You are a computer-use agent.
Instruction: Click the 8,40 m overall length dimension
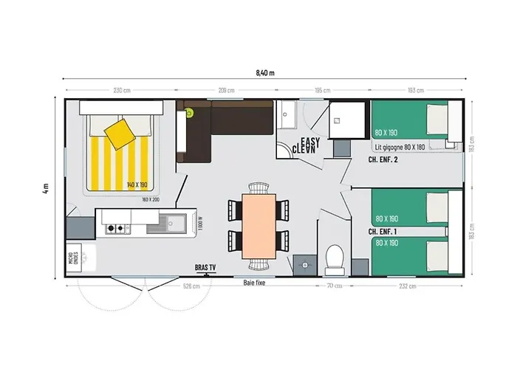pos(264,72)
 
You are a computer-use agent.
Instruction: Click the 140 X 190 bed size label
pos(138,184)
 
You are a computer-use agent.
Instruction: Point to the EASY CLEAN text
pos(305,144)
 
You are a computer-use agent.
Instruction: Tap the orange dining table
pos(258,224)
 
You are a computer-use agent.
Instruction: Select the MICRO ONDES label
pos(72,258)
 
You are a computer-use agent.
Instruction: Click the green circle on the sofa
pos(189,113)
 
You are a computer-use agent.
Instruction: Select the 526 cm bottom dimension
pos(192,287)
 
